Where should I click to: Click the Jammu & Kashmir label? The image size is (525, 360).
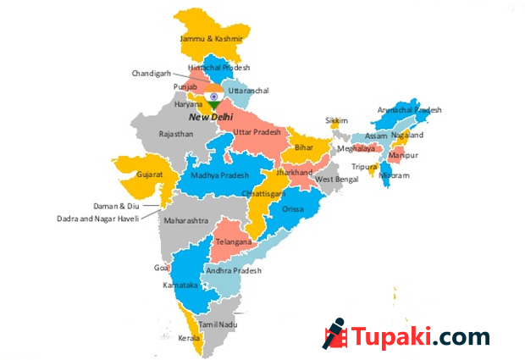212,39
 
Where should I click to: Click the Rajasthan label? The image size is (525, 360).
177,134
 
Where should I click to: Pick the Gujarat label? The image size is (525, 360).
149,175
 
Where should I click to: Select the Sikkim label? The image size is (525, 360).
336,120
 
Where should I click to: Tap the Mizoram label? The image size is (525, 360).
394,175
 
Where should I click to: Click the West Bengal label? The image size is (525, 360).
336,180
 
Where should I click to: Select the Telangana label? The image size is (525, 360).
235,241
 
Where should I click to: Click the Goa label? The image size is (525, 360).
162,268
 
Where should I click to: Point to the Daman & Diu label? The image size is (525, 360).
115,206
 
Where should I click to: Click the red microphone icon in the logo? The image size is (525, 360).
334,334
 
